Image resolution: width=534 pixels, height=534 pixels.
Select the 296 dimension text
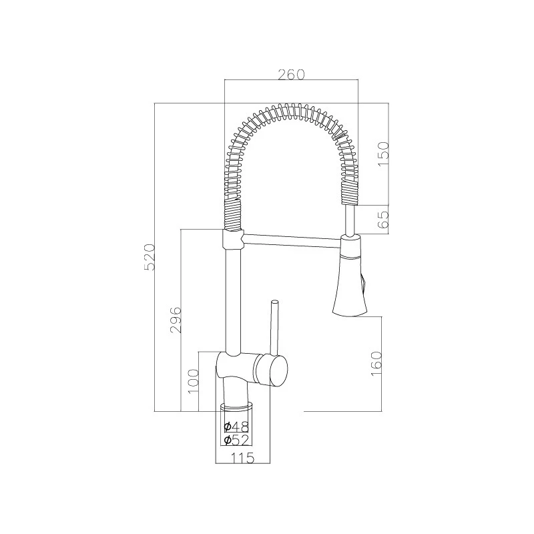click(x=176, y=321)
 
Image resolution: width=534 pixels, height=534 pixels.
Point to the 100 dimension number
click(x=194, y=382)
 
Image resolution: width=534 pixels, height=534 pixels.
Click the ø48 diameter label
click(x=236, y=427)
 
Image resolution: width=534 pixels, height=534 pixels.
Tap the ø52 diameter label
click(x=236, y=440)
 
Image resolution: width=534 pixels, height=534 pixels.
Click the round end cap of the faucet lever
click(x=271, y=369)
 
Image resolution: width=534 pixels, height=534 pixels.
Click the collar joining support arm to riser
click(x=230, y=238)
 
